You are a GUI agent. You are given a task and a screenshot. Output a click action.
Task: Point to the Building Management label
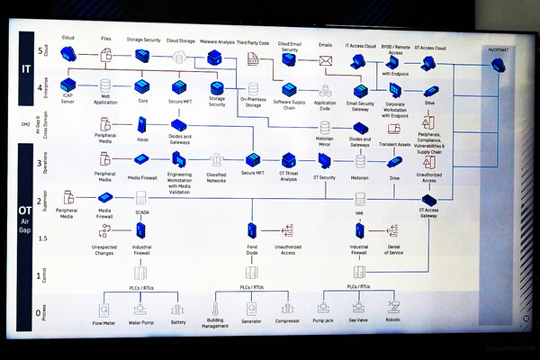point(216,323)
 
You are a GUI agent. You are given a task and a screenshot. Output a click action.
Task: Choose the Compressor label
point(288,320)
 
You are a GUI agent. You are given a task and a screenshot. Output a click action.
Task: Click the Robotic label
point(392,319)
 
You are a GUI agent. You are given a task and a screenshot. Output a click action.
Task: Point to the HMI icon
point(360,199)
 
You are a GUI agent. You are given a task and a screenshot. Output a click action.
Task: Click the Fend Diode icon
point(253,231)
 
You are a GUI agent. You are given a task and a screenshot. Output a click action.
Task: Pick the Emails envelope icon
point(325,60)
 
